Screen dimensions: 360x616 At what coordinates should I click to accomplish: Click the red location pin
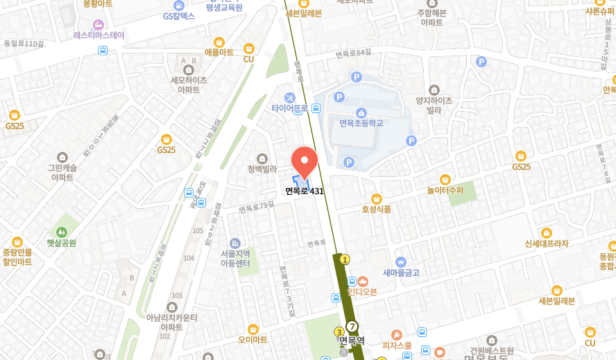tap(304, 162)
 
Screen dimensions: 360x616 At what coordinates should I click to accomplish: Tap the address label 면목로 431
tap(305, 191)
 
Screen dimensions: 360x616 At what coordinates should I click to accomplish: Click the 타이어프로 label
tap(290, 108)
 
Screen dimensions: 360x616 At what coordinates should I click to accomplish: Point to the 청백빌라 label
tap(262, 169)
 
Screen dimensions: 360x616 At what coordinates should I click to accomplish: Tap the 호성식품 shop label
tap(376, 208)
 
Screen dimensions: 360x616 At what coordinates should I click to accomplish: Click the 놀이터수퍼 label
tap(445, 189)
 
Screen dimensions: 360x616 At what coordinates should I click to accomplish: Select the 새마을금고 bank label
tap(401, 273)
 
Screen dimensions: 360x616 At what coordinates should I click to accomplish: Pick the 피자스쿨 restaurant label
tap(396, 345)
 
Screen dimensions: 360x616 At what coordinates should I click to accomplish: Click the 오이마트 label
tap(253, 339)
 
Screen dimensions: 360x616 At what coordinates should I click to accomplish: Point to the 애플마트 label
tap(219, 52)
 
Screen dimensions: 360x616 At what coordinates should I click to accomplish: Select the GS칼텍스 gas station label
tap(179, 15)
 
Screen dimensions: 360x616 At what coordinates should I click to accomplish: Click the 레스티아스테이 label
tap(99, 35)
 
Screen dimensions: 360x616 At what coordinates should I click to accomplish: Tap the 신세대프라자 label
tap(546, 243)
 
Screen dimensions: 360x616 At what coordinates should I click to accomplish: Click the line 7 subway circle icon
tap(352, 326)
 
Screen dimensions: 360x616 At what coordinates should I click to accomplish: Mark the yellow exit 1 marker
tap(345, 259)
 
